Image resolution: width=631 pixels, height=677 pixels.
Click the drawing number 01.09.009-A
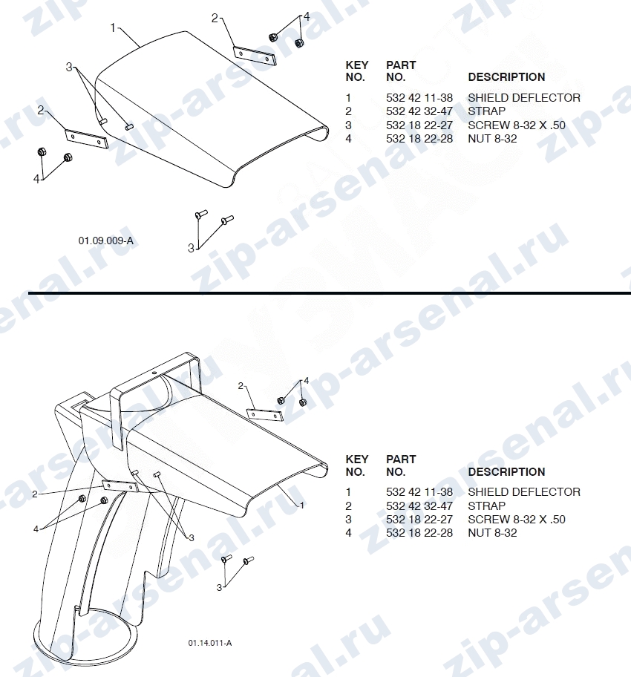(x=106, y=241)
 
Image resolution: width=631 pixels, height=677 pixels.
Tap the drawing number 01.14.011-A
(x=210, y=643)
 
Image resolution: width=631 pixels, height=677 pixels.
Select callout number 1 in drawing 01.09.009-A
(x=113, y=27)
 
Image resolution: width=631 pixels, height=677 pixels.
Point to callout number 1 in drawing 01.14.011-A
(x=302, y=505)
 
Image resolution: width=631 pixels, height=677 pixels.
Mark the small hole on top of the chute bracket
(x=154, y=371)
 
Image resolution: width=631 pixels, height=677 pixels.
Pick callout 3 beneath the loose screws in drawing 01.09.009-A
(x=191, y=248)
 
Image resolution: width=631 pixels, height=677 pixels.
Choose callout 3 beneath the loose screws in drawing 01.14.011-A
(x=219, y=588)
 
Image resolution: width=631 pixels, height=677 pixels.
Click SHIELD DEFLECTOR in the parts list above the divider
(x=524, y=97)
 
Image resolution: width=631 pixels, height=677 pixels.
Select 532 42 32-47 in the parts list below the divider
(x=419, y=506)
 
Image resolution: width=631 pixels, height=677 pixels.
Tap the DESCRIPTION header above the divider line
(x=506, y=77)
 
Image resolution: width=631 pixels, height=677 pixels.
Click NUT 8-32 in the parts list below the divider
(x=492, y=533)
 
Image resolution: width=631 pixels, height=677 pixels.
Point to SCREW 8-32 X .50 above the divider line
(x=517, y=125)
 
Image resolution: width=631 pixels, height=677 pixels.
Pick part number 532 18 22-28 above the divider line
(x=419, y=139)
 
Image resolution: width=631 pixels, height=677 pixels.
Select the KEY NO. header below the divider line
(x=357, y=465)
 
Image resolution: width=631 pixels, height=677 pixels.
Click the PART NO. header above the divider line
(x=401, y=71)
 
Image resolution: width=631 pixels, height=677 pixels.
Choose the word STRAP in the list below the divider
(x=486, y=506)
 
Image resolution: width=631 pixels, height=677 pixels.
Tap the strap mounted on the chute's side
(x=120, y=487)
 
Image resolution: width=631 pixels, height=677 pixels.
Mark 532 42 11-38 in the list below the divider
(x=419, y=491)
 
